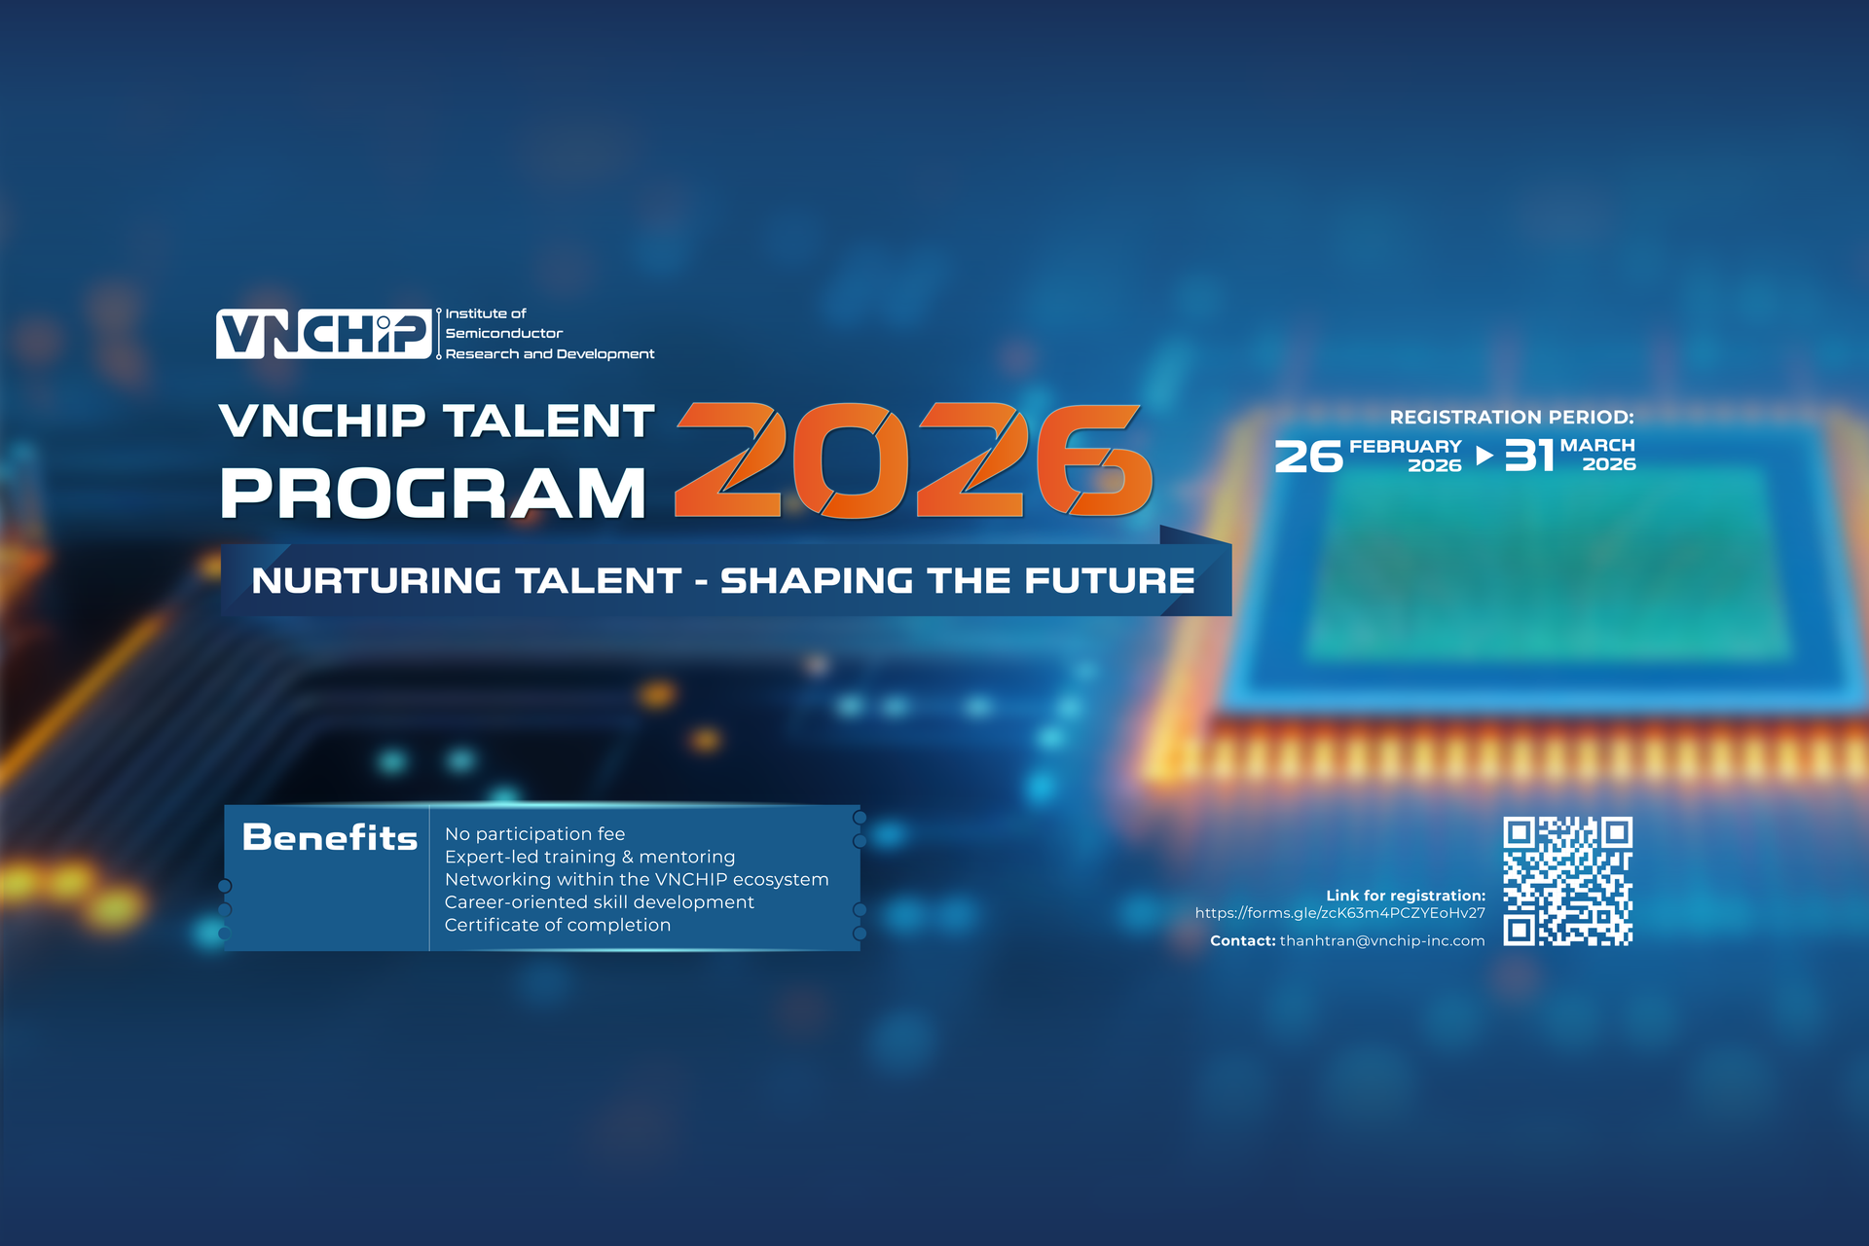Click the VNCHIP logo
324,334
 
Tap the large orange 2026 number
914,459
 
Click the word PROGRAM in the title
433,494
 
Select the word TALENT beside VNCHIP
549,421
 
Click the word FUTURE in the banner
1110,581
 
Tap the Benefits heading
330,837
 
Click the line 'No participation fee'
534,833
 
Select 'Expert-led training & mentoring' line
590,857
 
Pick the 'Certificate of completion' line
558,925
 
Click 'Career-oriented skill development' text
600,902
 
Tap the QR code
1567,882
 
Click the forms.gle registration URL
1340,913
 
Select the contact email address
1382,940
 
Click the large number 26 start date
1308,457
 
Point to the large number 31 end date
1529,456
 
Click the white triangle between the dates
1484,456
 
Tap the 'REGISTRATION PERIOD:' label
1512,418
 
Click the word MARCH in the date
1597,445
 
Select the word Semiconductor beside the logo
504,333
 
